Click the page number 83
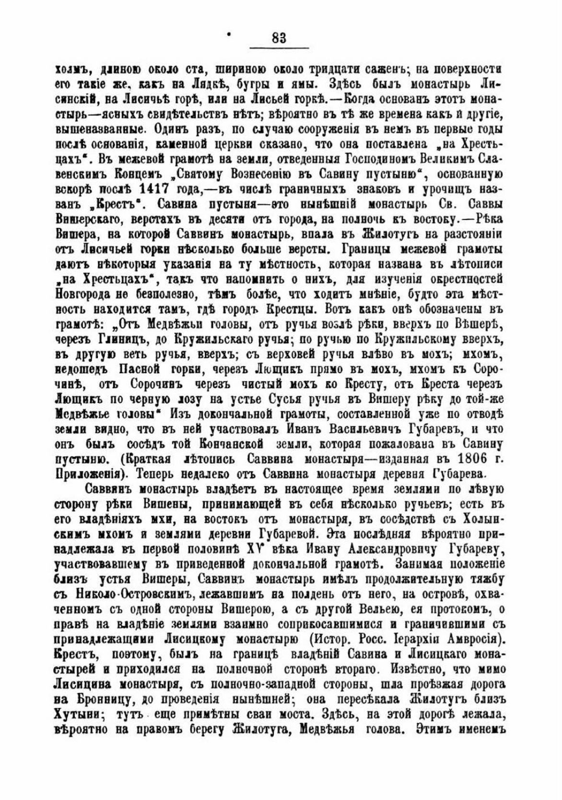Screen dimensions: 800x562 pyautogui.click(x=279, y=37)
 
